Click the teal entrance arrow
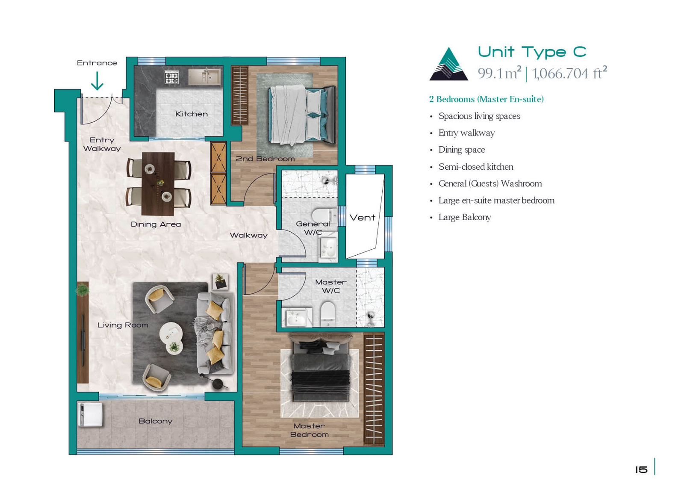point(97,81)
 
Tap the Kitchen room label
point(192,114)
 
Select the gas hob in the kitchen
point(171,77)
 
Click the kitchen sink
point(204,77)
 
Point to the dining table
point(158,184)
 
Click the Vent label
point(362,218)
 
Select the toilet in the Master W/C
point(328,313)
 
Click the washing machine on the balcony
point(90,414)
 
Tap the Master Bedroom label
point(310,430)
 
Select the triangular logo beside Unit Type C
point(448,64)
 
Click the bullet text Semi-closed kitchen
point(476,167)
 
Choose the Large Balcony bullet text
point(465,218)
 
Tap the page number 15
point(641,469)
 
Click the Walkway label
point(248,235)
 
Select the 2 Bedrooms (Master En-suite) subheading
point(486,99)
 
